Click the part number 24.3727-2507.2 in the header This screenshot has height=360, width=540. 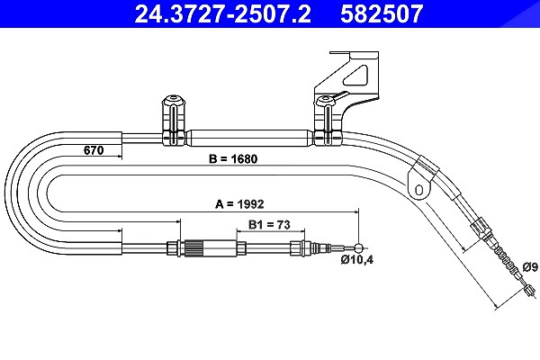(222, 13)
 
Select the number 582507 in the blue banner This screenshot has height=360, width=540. (382, 13)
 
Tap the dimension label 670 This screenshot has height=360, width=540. (94, 150)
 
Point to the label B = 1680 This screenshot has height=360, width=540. (233, 158)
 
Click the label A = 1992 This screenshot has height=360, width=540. (239, 204)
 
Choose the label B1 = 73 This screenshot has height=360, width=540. (269, 225)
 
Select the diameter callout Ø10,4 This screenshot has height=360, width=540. (357, 259)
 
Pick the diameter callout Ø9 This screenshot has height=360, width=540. (530, 266)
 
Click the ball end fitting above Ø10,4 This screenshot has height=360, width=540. (359, 247)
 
